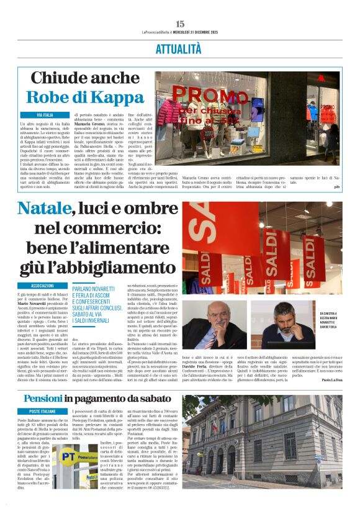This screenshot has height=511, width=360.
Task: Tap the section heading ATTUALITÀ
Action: tap(179, 49)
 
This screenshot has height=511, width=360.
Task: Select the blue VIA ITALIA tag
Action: tap(45, 115)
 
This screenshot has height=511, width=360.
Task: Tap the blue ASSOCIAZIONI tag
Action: tap(42, 286)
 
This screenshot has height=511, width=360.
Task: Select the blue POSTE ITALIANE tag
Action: tap(42, 412)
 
